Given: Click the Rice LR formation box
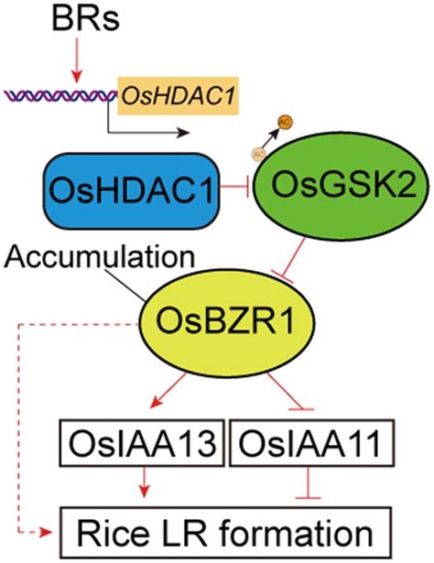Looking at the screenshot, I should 225,530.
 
